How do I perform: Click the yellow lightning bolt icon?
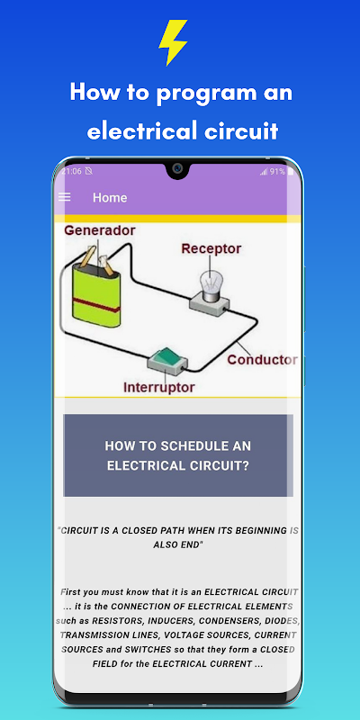point(174,42)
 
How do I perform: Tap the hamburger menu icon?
point(65,197)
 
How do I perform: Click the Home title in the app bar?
point(110,197)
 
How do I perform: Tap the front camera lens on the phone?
point(177,168)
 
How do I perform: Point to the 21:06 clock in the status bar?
point(72,171)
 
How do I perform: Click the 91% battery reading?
point(277,172)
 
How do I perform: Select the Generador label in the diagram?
point(100,230)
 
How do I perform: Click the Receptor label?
point(211,249)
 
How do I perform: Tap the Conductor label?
point(262,359)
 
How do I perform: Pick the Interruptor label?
point(159,387)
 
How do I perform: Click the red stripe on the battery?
point(96,305)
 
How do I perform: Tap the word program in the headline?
point(209,94)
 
